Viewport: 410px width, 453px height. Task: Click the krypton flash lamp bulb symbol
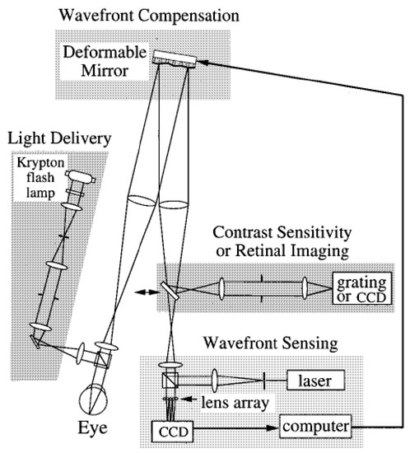coord(81,175)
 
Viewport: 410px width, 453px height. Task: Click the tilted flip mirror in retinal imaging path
coord(169,289)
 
